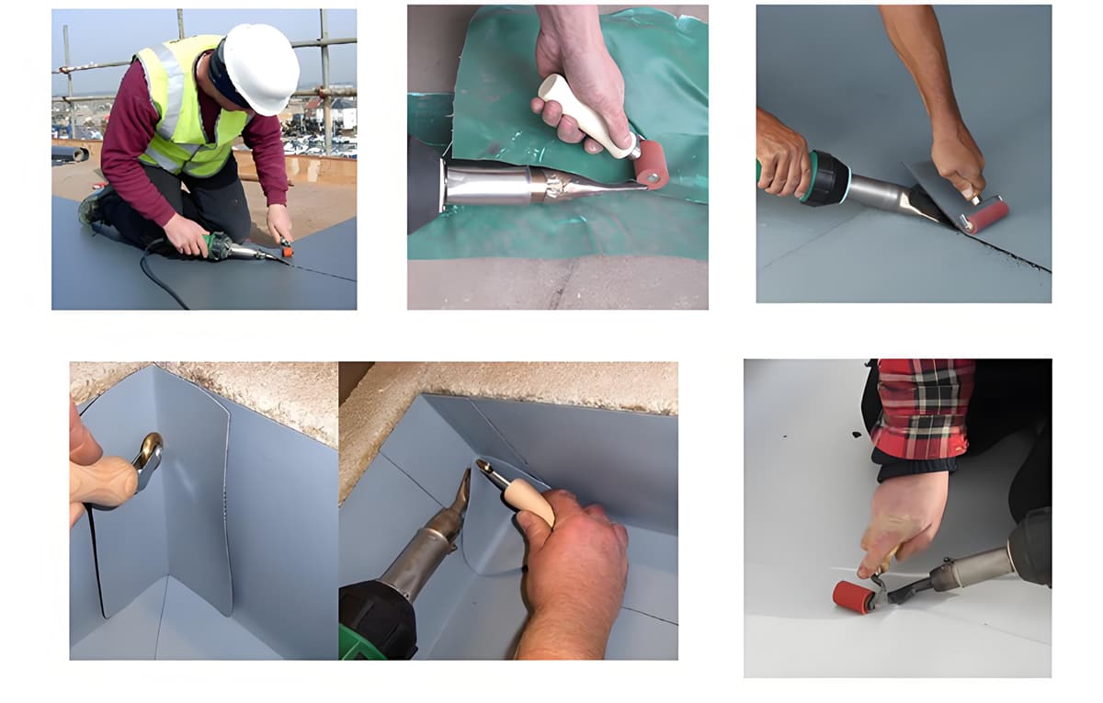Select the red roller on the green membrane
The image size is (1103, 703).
click(651, 164)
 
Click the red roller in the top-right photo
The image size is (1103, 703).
click(984, 215)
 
